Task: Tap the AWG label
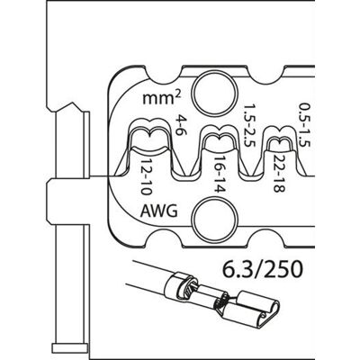pos(159,211)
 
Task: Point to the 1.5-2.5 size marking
pos(248,125)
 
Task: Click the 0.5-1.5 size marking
pos(304,125)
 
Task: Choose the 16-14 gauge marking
pos(220,175)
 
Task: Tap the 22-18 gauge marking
pos(279,174)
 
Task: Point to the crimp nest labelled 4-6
pos(150,137)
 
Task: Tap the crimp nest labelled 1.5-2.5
pos(218,138)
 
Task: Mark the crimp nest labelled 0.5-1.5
pos(279,139)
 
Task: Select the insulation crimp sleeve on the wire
pos(180,286)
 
